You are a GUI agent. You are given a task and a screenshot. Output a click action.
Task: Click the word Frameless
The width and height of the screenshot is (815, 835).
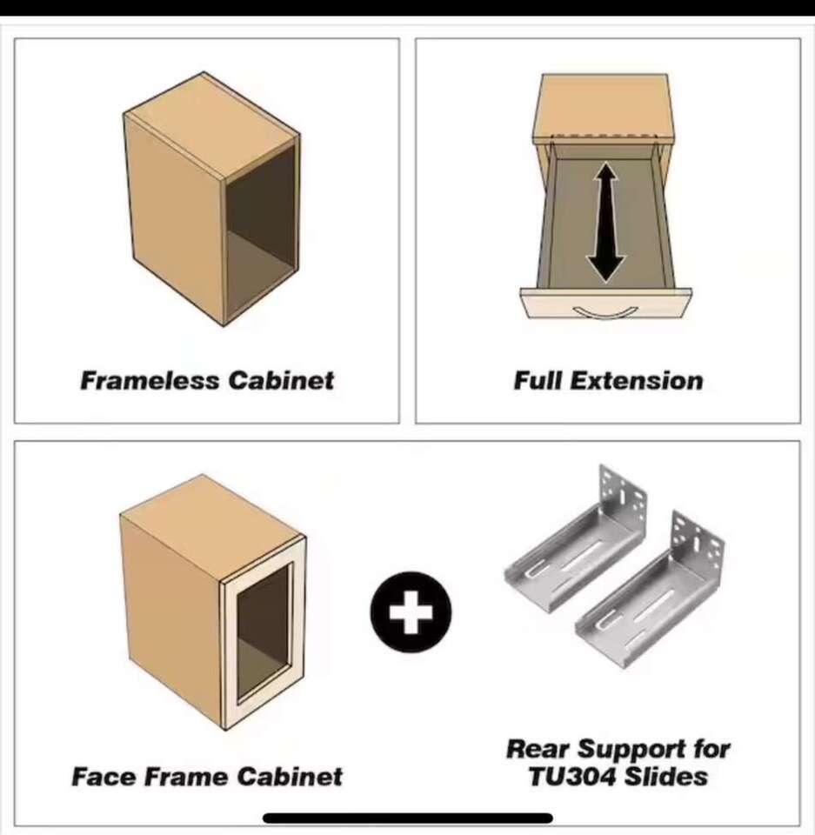pyautogui.click(x=150, y=381)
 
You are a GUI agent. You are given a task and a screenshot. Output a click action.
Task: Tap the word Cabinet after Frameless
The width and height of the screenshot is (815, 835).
pyautogui.click(x=281, y=381)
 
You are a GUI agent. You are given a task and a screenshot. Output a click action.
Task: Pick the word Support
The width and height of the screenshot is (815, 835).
pyautogui.click(x=631, y=750)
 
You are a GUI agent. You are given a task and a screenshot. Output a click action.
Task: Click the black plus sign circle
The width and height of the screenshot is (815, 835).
pyautogui.click(x=411, y=611)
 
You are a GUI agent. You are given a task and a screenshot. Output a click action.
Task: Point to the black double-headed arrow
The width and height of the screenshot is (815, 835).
pyautogui.click(x=605, y=222)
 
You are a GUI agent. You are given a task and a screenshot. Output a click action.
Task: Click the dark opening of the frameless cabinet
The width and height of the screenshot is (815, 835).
pyautogui.click(x=261, y=234)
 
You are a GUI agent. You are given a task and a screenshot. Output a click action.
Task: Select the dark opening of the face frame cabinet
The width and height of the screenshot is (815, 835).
pyautogui.click(x=264, y=631)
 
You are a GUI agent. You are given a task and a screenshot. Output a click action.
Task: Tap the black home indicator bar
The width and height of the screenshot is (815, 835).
pyautogui.click(x=407, y=818)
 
